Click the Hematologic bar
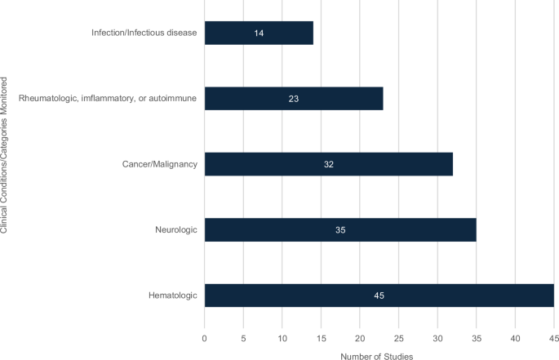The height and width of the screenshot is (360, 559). [379, 296]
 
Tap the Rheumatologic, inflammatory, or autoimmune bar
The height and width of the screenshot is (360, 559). [293, 99]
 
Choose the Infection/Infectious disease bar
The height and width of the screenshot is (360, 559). [258, 33]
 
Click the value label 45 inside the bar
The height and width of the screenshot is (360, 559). [379, 296]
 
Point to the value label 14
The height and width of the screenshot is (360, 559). [259, 33]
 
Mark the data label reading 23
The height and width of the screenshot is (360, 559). [294, 99]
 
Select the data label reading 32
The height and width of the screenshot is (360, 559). [328, 164]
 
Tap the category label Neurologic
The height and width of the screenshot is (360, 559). [176, 229]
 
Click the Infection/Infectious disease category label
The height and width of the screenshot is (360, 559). [144, 33]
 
